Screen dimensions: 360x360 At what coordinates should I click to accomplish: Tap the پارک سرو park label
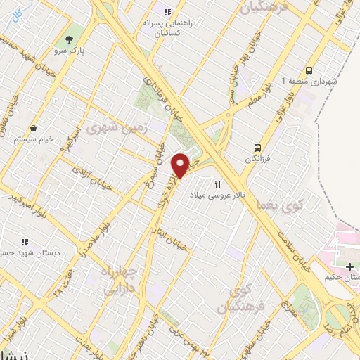(x=68, y=51)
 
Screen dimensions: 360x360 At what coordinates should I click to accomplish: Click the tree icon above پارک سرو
(x=68, y=39)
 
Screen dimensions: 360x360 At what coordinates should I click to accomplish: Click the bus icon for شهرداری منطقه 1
(x=309, y=70)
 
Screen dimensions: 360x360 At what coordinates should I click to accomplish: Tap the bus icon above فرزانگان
(x=258, y=148)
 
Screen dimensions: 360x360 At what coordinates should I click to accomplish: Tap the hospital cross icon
(x=350, y=266)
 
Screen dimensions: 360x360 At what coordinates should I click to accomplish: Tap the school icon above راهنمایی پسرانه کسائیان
(x=167, y=12)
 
